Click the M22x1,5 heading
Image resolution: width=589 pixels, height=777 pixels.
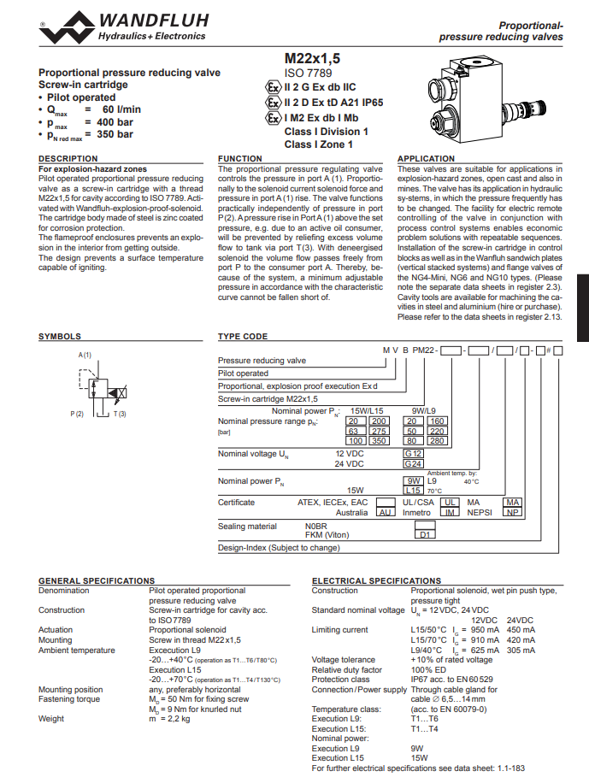click(x=312, y=58)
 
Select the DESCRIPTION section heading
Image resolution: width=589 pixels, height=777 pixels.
click(x=68, y=159)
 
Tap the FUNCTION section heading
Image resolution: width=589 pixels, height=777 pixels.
click(x=240, y=159)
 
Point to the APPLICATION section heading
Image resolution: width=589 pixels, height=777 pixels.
click(x=427, y=159)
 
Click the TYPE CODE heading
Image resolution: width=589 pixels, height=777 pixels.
click(x=243, y=337)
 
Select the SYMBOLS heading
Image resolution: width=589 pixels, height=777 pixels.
click(x=60, y=337)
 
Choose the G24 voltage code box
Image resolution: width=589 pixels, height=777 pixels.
click(x=414, y=463)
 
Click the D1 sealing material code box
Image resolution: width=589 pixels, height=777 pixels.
click(x=426, y=534)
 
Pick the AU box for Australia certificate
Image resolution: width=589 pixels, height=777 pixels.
click(x=386, y=513)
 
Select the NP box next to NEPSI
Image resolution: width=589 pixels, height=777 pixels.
click(x=512, y=513)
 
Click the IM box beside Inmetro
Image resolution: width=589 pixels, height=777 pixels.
click(x=451, y=513)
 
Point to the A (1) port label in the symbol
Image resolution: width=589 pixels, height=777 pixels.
click(x=85, y=354)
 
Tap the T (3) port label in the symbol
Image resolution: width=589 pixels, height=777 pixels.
click(x=119, y=415)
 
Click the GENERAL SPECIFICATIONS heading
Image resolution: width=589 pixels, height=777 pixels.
click(x=97, y=581)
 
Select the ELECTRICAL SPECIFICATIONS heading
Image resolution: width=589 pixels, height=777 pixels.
click(x=376, y=581)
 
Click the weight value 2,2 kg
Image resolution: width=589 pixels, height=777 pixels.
click(x=169, y=719)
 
